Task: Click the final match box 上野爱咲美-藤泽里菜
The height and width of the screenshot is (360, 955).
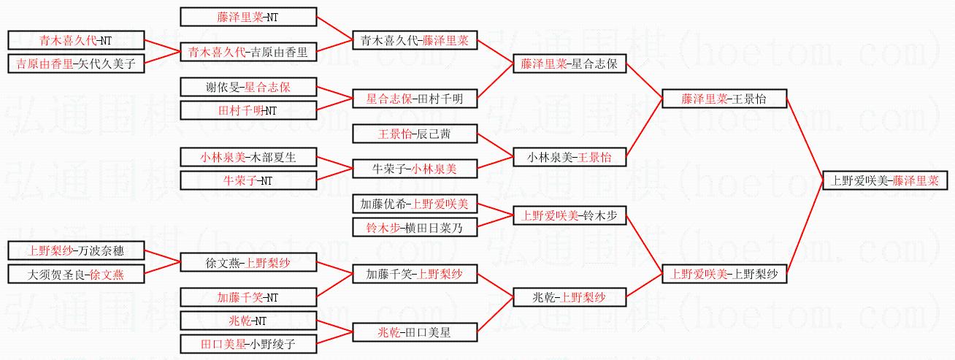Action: (881, 180)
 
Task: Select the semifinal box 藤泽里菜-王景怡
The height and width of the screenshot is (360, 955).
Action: (724, 99)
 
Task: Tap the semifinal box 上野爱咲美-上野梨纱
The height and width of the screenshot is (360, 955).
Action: (724, 275)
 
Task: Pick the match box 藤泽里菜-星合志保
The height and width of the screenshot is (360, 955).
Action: (569, 64)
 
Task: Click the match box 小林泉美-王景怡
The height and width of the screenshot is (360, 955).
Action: (569, 157)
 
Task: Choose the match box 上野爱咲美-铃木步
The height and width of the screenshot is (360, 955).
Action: (569, 215)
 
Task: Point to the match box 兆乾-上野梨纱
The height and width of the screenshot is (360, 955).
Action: (569, 297)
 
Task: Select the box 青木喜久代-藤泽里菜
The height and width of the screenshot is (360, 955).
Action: (415, 42)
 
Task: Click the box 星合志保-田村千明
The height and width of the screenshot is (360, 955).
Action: (415, 99)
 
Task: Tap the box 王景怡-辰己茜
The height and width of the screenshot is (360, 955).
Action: (415, 134)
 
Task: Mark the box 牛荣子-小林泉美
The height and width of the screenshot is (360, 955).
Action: (415, 169)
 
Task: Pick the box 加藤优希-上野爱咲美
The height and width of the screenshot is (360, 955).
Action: (415, 204)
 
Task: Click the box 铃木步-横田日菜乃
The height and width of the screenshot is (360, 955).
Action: (415, 227)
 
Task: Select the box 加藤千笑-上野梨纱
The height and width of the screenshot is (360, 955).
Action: (415, 275)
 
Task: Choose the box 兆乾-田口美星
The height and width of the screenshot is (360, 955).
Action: (415, 332)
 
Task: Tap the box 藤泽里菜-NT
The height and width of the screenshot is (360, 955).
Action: (248, 16)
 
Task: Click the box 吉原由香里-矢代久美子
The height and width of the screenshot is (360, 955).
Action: (76, 64)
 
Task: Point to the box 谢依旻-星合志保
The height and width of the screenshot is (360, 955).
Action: (248, 87)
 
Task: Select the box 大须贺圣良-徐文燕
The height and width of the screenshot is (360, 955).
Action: (76, 275)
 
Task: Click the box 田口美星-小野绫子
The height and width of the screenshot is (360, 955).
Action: (248, 344)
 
